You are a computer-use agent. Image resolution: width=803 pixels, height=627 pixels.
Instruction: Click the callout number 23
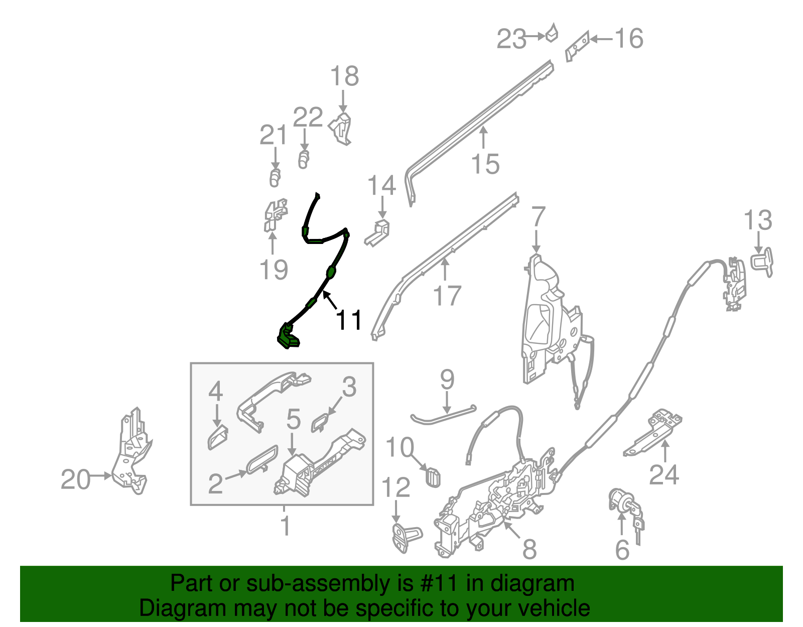pos(511,39)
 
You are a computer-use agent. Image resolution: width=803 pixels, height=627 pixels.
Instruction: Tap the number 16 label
pos(629,39)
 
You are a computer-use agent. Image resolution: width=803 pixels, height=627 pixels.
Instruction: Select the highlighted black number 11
pos(348,320)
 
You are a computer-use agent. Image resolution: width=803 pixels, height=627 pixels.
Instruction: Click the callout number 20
pos(75,479)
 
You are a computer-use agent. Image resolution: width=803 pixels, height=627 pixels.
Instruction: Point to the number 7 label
pos(538,216)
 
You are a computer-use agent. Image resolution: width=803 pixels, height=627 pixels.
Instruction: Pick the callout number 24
pos(663,475)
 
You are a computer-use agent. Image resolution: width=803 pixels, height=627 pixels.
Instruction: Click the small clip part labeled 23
pos(552,33)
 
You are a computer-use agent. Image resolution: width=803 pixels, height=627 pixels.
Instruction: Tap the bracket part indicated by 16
pos(577,47)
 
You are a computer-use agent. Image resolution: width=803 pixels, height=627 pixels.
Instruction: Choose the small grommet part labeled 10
pos(433,477)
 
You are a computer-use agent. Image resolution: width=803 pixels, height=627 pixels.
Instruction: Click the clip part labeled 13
pos(762,262)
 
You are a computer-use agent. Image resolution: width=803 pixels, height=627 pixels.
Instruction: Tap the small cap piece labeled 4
pos(218,437)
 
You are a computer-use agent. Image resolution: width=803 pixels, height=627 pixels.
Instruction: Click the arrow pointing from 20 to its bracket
pos(100,476)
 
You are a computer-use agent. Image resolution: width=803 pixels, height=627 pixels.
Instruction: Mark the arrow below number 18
pos(343,101)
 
